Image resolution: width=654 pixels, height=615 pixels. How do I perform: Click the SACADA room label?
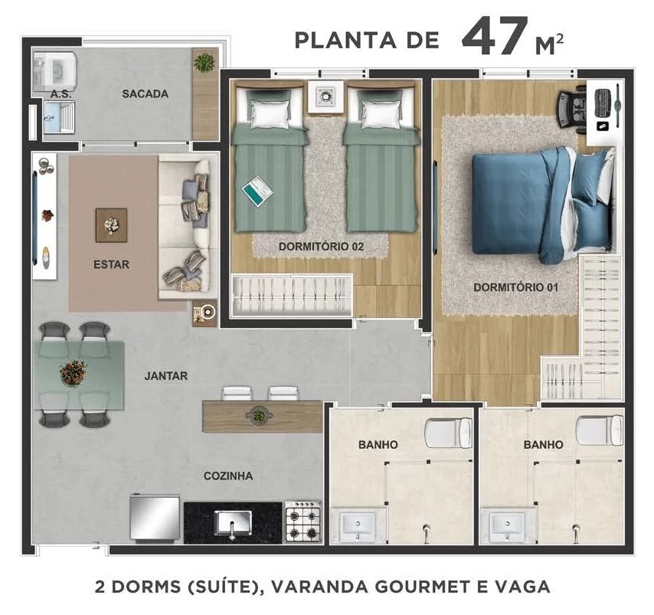146,93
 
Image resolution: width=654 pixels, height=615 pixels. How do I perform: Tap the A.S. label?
61,94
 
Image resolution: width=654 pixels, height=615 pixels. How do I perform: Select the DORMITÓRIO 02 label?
321,246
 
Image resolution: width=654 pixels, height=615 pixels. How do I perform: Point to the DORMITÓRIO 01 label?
515,287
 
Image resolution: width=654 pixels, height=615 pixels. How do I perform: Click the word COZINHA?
228,476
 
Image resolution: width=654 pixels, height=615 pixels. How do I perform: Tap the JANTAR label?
166,375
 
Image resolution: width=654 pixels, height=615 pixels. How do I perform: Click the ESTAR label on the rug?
111,264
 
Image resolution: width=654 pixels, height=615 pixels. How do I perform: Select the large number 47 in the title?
495,37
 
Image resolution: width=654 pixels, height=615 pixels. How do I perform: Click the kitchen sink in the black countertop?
233,523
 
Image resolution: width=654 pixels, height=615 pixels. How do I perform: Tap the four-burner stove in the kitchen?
303,522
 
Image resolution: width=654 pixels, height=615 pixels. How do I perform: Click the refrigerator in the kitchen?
155,518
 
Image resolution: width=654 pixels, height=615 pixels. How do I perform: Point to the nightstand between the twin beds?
325,97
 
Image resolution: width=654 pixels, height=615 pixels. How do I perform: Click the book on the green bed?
257,191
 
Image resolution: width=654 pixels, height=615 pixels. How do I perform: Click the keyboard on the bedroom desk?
603,103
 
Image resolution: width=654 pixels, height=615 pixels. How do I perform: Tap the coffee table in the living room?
111,225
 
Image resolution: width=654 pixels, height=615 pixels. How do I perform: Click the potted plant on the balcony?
204,63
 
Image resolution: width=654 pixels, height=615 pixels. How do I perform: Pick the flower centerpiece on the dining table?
74,373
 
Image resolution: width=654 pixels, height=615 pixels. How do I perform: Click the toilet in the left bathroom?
448,432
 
